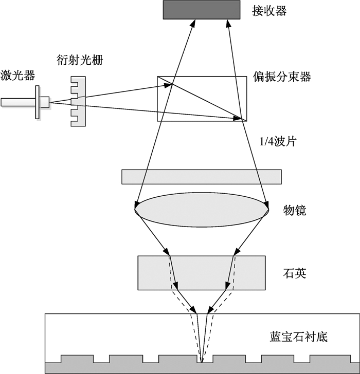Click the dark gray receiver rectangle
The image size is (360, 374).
(x=202, y=10)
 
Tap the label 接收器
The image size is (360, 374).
(x=269, y=11)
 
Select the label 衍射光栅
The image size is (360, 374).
(x=80, y=60)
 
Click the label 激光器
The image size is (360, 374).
(x=18, y=76)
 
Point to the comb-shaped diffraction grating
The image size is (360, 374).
(x=78, y=101)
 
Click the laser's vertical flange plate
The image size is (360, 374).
(x=37, y=102)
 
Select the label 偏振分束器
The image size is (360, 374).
(x=282, y=77)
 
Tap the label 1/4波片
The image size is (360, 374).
(x=278, y=141)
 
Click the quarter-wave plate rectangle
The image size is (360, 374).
(x=202, y=177)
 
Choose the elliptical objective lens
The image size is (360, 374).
(x=202, y=210)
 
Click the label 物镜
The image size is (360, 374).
(x=295, y=210)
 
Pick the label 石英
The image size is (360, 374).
(x=295, y=273)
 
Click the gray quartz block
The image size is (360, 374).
(x=202, y=273)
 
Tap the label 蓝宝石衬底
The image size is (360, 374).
(x=299, y=337)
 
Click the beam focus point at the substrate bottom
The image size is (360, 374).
(x=202, y=363)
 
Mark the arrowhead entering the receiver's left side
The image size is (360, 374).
(x=193, y=23)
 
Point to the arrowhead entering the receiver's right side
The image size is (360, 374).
(x=228, y=23)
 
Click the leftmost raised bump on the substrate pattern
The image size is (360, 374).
(x=77, y=359)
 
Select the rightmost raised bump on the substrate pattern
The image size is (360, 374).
(x=330, y=359)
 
